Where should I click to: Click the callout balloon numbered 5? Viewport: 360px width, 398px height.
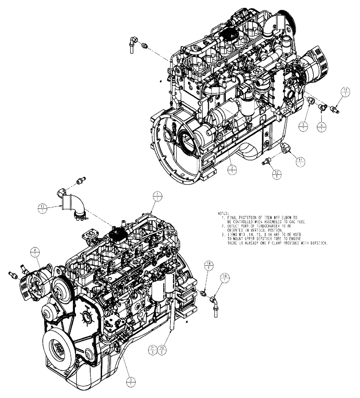coord(304,126)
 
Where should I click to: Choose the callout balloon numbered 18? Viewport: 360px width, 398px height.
coord(208,265)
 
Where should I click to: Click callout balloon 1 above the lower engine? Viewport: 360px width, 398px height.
coord(158,196)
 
